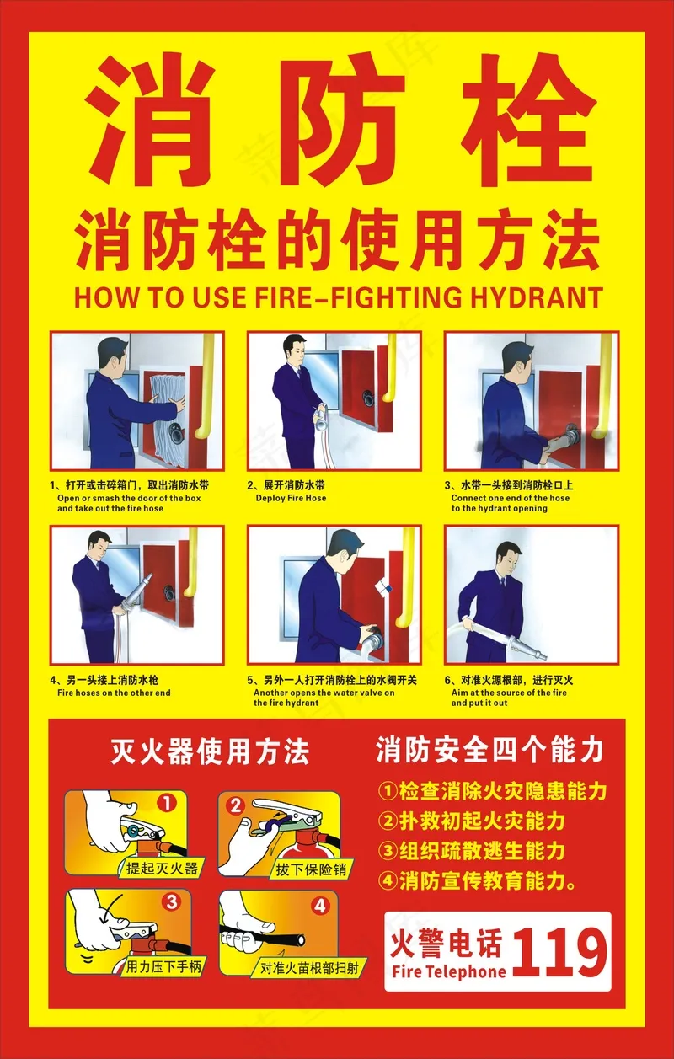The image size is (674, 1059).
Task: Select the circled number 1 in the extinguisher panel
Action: tap(166, 802)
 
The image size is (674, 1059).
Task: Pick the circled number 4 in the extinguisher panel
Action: tap(320, 906)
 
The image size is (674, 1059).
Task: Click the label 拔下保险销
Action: tap(311, 869)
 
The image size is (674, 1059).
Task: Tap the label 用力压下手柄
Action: tap(163, 966)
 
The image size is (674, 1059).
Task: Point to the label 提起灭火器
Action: tap(162, 868)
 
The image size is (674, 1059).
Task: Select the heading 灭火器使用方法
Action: tap(210, 751)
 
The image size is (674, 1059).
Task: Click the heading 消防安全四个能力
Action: tap(489, 750)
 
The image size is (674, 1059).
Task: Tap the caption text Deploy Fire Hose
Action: tap(291, 498)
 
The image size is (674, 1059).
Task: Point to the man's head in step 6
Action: tap(509, 558)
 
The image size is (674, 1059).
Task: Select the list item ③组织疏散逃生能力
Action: tap(472, 851)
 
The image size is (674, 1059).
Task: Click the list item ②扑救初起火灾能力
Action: tap(472, 821)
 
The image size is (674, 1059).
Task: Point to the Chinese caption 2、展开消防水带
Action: tap(286, 485)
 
